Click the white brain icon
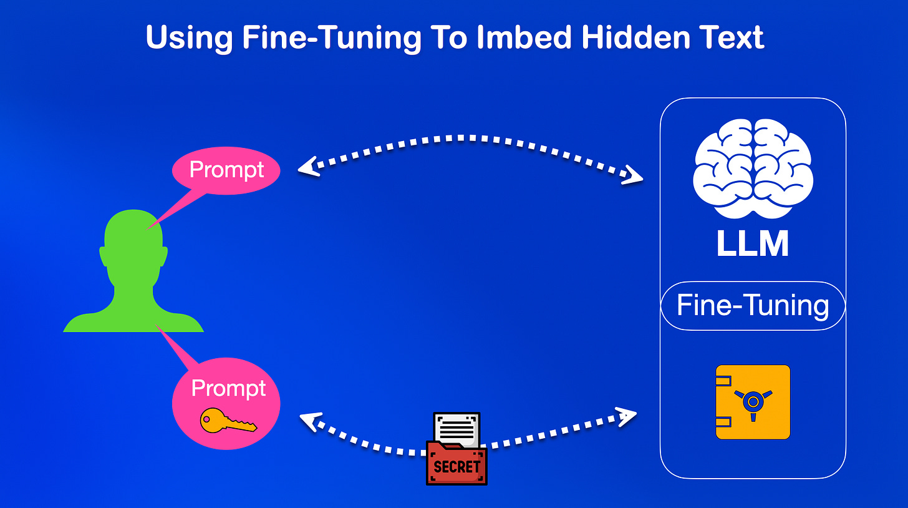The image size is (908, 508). (753, 169)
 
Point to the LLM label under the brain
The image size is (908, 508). (753, 244)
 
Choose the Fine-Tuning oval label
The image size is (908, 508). (753, 306)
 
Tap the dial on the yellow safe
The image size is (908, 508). (753, 399)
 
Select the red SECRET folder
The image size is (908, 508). (456, 462)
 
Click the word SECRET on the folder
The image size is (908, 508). (456, 466)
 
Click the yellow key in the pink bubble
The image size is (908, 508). (227, 422)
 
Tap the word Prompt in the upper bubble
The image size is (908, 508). (227, 169)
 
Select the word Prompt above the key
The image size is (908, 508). (228, 388)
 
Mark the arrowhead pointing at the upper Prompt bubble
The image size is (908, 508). (309, 167)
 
